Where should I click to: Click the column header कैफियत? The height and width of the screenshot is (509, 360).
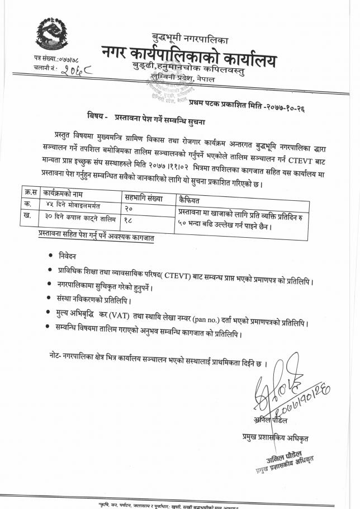[x=190, y=198]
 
